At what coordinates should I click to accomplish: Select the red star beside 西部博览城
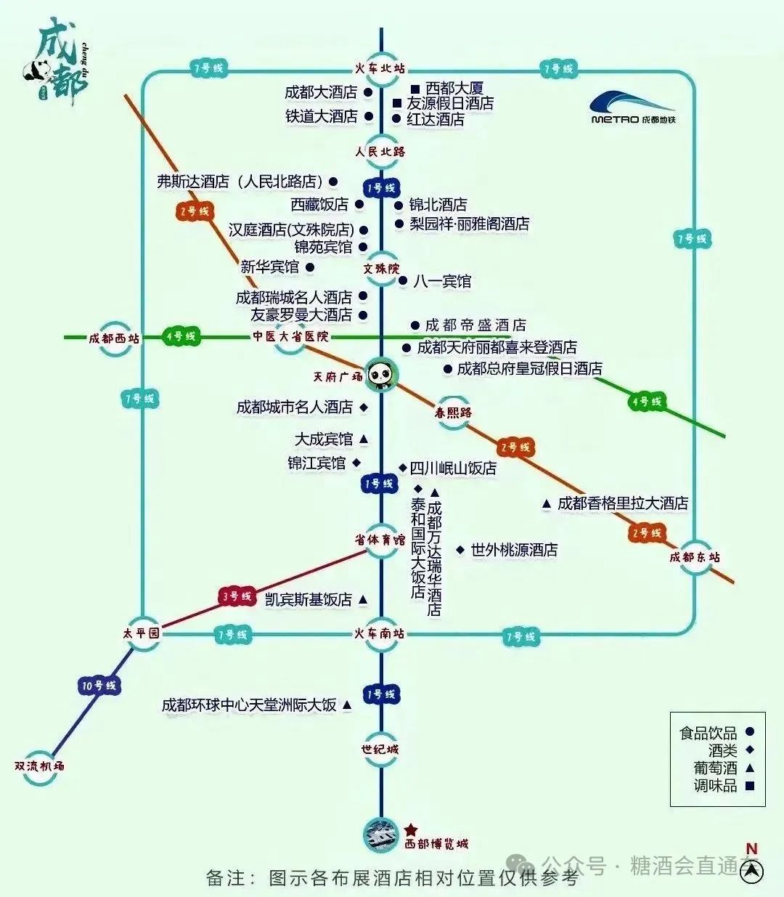(411, 829)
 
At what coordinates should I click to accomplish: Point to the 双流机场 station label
(39, 766)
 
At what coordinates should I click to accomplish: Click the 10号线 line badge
(99, 685)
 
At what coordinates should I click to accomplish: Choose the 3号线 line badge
(237, 596)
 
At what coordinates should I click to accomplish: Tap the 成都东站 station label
(695, 557)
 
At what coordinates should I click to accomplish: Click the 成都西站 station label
(114, 338)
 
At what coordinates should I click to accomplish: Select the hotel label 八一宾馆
(442, 281)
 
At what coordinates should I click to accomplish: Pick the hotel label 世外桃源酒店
(514, 551)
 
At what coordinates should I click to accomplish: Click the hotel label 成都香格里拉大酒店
(622, 503)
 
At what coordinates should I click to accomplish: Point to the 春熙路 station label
(454, 413)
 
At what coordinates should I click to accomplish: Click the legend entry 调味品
(715, 785)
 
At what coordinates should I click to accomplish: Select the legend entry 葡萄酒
(715, 768)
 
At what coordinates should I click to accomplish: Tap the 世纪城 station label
(380, 749)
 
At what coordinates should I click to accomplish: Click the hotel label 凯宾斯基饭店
(309, 600)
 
